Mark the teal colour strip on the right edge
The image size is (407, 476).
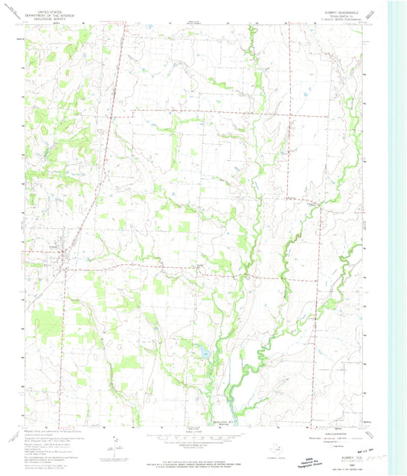point(397,229)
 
